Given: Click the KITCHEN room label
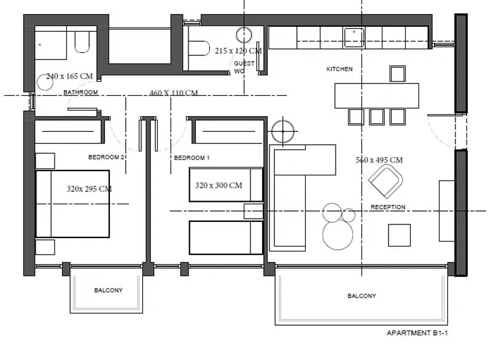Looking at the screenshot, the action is [x=339, y=69].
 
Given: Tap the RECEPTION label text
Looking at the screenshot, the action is [x=388, y=207].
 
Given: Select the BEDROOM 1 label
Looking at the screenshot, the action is [x=191, y=158].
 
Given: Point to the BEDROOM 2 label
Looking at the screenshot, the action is [x=106, y=157].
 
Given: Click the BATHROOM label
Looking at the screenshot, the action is [x=80, y=92].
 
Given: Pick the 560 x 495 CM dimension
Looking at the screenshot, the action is [x=379, y=160].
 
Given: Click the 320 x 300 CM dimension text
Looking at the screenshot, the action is [x=218, y=185].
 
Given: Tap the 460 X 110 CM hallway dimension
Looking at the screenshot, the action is [x=174, y=93].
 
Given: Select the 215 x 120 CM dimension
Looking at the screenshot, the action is [x=238, y=50].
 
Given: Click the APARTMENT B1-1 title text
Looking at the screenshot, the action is [x=417, y=333].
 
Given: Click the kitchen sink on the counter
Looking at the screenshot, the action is [x=354, y=37].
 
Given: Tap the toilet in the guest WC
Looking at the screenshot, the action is [x=198, y=48].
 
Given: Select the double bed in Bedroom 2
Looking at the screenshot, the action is [x=72, y=204].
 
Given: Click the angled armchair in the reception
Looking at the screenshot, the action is [x=385, y=182].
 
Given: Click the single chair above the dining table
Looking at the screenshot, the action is [x=398, y=74].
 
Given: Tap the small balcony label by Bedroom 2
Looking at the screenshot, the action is [x=109, y=290].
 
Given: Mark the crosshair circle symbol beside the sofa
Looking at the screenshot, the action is [x=283, y=131].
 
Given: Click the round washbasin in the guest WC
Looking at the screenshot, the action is [x=244, y=35].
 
